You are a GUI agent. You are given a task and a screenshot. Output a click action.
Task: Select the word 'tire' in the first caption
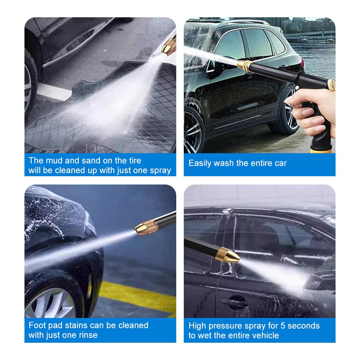click(x=133, y=160)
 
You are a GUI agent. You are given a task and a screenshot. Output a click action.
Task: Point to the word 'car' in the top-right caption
click(x=280, y=163)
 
